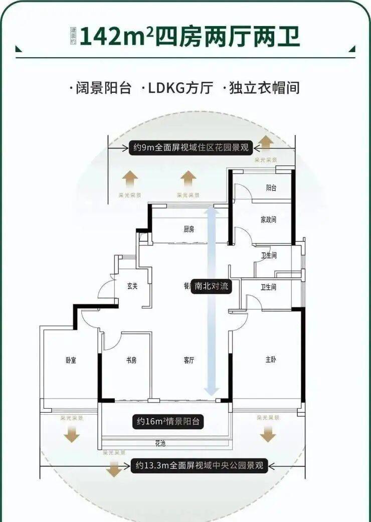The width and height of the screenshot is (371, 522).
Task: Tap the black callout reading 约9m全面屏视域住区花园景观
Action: pyautogui.click(x=190, y=148)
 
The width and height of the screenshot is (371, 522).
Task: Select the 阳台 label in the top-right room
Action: pyautogui.click(x=271, y=188)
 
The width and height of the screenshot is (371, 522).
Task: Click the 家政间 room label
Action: pyautogui.click(x=269, y=220)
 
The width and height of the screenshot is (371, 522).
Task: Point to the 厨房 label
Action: pyautogui.click(x=189, y=230)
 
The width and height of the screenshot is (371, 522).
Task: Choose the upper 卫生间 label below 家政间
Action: pyautogui.click(x=269, y=256)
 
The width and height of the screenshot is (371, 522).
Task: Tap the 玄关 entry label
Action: pyautogui.click(x=132, y=286)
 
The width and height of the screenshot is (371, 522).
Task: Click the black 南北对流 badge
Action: pyautogui.click(x=211, y=286)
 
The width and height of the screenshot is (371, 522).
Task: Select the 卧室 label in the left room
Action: pyautogui.click(x=70, y=360)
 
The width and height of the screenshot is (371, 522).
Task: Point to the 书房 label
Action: pyautogui.click(x=131, y=360)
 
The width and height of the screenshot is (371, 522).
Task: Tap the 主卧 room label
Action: pyautogui.click(x=271, y=360)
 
